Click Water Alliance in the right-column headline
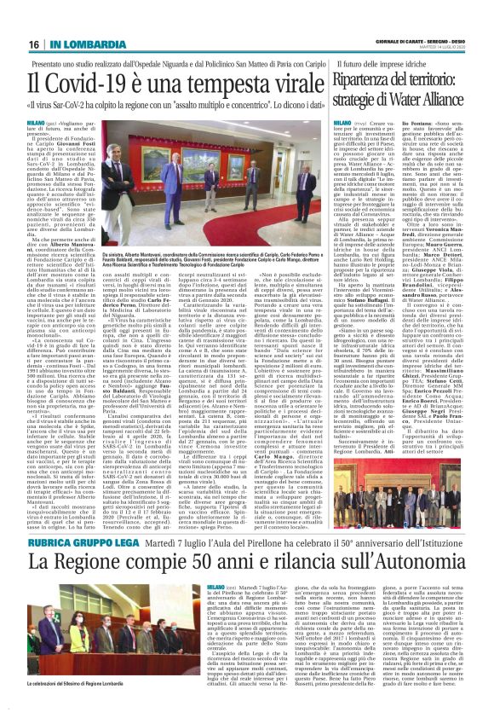coord(417,101)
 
